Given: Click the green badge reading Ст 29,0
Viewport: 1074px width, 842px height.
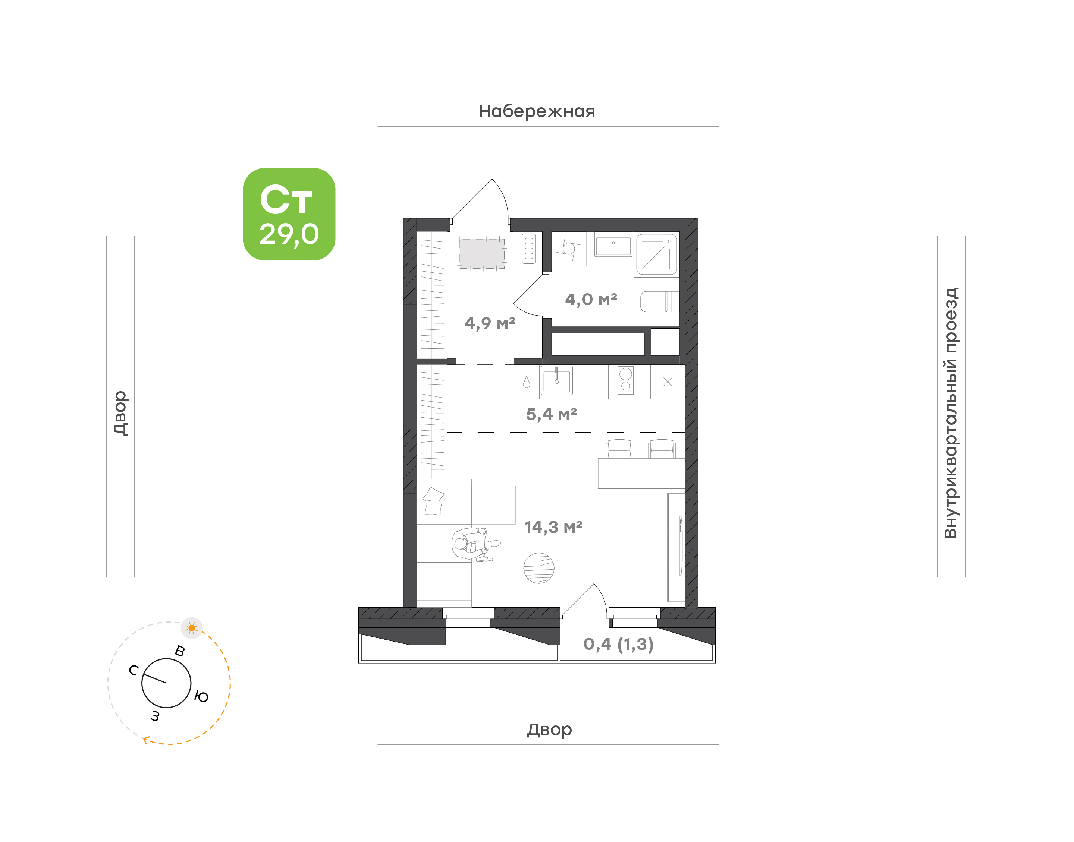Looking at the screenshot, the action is [x=289, y=214].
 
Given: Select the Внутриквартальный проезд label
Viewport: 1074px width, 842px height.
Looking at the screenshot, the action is [x=950, y=413].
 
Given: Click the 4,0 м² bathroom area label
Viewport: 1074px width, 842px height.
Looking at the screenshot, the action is [x=591, y=299].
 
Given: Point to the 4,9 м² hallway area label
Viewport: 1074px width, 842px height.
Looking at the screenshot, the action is [x=490, y=323].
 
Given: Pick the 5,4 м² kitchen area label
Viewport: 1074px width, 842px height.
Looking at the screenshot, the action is [x=551, y=414].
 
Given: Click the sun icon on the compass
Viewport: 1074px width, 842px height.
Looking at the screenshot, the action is [x=192, y=628].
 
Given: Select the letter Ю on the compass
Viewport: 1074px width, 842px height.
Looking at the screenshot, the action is [x=201, y=697].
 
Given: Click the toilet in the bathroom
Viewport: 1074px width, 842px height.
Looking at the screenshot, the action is [x=660, y=301].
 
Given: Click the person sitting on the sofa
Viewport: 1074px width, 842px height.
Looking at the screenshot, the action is [x=475, y=545].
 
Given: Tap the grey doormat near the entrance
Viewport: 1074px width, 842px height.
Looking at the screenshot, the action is [x=482, y=253].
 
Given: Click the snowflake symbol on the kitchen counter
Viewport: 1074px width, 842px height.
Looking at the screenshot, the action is [x=668, y=382].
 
